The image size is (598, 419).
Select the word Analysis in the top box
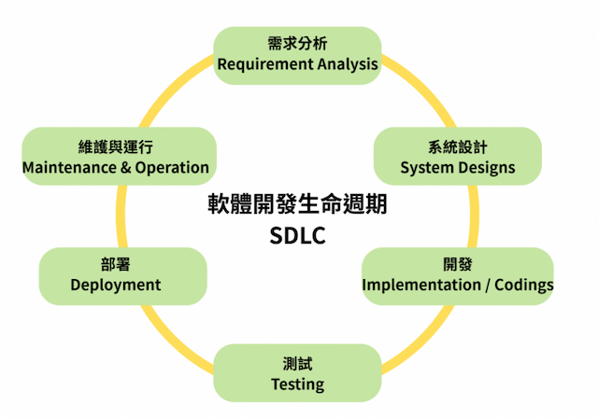tap(348, 64)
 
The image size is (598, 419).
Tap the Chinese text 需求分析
tap(297, 44)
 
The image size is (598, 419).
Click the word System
tap(426, 168)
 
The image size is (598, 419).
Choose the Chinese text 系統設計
tap(457, 147)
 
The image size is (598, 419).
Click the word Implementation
tap(417, 284)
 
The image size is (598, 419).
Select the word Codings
tap(524, 284)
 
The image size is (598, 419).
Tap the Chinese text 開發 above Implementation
tap(457, 263)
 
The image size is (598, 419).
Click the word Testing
tap(297, 384)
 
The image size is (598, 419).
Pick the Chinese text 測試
tap(297, 363)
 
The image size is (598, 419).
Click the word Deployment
tap(116, 285)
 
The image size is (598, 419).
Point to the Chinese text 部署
tap(116, 264)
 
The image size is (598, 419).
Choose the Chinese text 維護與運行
tap(116, 147)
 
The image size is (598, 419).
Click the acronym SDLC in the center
tap(297, 235)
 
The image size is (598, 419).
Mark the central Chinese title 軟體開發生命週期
tap(297, 205)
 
